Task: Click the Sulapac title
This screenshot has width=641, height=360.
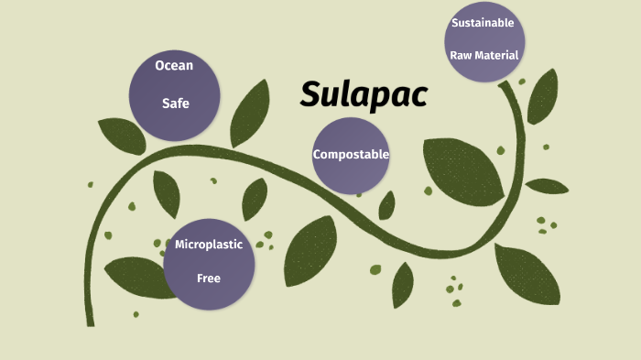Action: click(364, 95)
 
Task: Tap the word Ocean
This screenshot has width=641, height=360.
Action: click(174, 65)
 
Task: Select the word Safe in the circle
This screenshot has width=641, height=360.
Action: click(175, 104)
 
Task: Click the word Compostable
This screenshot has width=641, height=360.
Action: click(351, 154)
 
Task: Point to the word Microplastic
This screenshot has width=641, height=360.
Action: click(208, 245)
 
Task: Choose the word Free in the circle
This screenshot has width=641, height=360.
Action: click(209, 278)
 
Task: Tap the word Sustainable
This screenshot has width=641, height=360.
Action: click(483, 22)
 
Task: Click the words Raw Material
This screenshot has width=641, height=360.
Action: click(484, 55)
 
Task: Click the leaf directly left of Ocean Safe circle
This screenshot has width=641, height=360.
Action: click(122, 136)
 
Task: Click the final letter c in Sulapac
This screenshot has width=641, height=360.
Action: click(419, 96)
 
